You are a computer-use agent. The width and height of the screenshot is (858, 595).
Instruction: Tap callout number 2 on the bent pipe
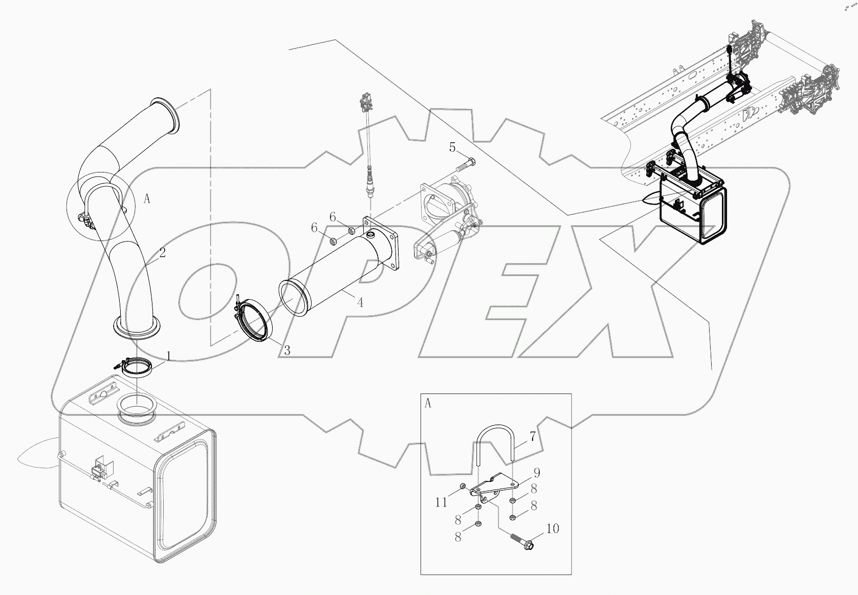click(162, 253)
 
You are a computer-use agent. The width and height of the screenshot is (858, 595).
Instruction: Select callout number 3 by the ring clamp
click(287, 350)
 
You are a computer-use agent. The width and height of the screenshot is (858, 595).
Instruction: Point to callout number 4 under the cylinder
click(360, 303)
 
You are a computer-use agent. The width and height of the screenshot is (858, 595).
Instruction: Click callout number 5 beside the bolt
click(452, 148)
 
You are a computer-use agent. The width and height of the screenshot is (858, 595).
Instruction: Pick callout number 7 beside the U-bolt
click(533, 437)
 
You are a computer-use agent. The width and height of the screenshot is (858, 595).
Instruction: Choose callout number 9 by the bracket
click(537, 473)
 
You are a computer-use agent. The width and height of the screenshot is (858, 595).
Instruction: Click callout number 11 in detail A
click(442, 502)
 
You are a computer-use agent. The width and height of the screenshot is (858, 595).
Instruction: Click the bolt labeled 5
click(465, 165)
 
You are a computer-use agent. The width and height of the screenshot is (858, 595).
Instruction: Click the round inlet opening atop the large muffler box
click(137, 409)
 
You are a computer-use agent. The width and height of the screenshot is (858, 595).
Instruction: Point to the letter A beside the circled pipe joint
click(147, 200)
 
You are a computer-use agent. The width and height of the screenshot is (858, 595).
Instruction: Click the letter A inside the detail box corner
click(428, 404)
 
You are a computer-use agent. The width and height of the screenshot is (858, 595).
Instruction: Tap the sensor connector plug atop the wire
click(365, 102)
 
